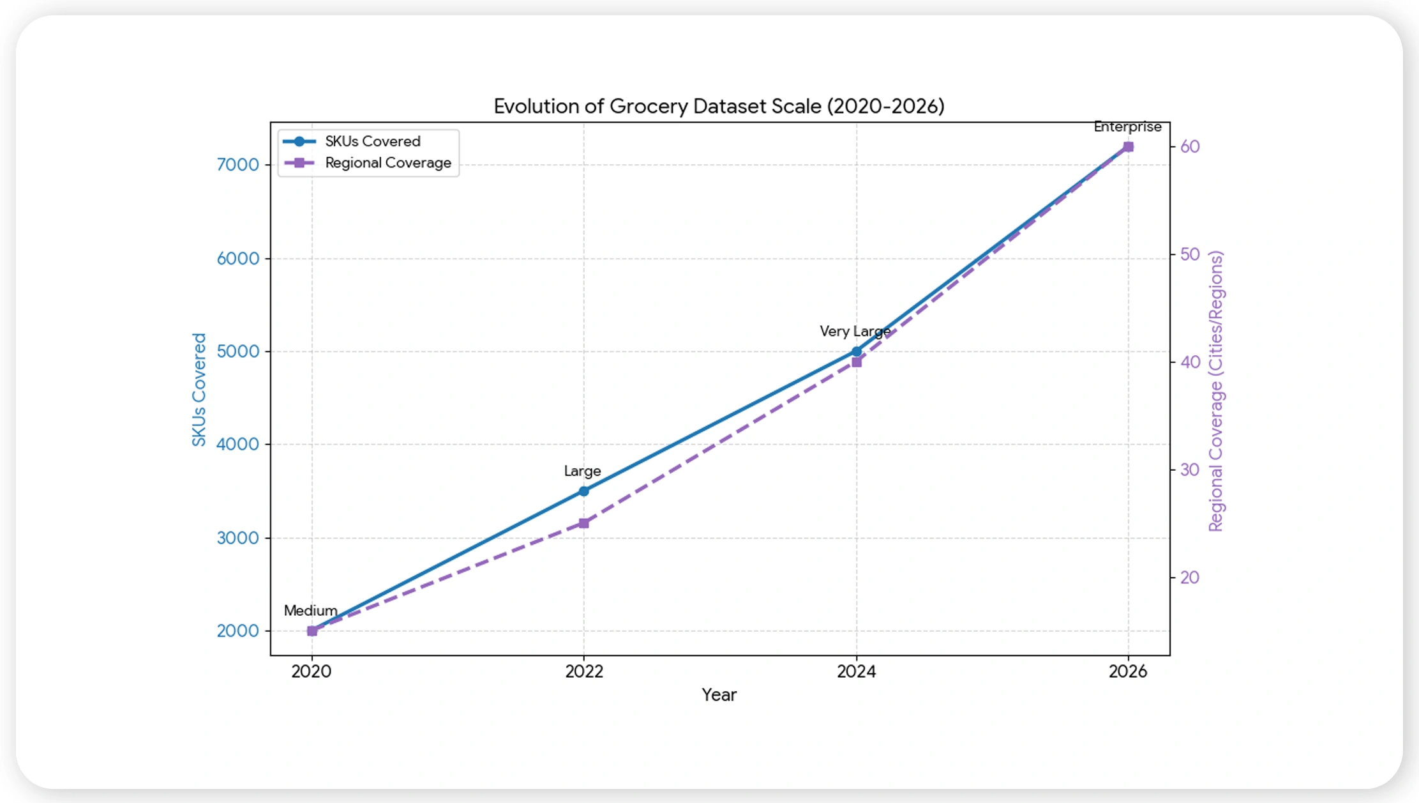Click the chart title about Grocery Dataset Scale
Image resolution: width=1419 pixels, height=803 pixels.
coord(719,106)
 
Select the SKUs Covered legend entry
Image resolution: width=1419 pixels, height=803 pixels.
coord(372,141)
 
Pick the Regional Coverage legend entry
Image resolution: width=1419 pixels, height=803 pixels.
coord(387,163)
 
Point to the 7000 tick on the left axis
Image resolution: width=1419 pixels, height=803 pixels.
coord(237,165)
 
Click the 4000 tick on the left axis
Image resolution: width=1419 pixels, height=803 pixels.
coord(237,444)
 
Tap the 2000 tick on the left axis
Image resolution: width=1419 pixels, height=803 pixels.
coord(237,631)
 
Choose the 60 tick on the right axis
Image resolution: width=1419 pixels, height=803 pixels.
coord(1190,146)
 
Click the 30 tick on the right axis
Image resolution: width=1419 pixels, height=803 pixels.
coord(1190,470)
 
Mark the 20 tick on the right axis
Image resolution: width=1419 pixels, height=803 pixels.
coord(1190,577)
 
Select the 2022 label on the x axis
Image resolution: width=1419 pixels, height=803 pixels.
coord(584,671)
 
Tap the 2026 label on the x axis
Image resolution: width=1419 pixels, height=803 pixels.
coord(1128,671)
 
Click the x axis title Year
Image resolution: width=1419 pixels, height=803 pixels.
coord(719,695)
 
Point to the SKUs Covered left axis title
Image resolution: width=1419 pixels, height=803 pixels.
coord(199,390)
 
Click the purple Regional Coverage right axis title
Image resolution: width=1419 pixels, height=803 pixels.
coord(1215,391)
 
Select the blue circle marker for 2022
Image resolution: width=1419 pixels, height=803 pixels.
coord(584,491)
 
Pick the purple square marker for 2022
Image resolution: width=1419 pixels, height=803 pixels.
coord(583,523)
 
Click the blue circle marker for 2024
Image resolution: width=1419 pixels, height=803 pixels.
coord(857,351)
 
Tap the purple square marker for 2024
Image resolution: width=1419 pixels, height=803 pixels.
coord(857,362)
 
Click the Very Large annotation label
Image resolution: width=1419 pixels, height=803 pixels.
coord(855,332)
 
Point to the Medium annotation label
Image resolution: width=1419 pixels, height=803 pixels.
coord(310,611)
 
